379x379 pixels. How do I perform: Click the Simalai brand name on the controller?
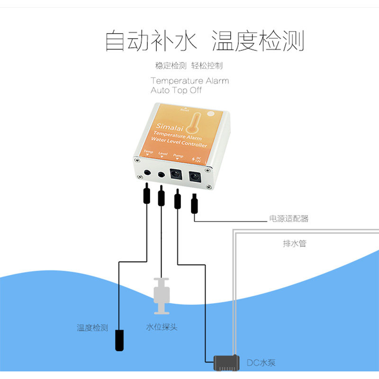click(166, 126)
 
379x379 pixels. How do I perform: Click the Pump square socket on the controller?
click(177, 174)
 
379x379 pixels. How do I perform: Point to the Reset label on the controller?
click(185, 110)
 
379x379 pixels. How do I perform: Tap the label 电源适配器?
click(289, 219)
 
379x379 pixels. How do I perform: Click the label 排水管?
click(295, 244)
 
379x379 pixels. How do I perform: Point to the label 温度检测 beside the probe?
click(92, 328)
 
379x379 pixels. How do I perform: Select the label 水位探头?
click(162, 327)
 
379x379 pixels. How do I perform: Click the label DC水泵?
click(261, 363)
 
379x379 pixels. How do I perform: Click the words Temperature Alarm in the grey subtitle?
click(189, 81)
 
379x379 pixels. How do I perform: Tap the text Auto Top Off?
click(176, 90)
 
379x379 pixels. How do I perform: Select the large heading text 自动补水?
click(150, 41)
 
